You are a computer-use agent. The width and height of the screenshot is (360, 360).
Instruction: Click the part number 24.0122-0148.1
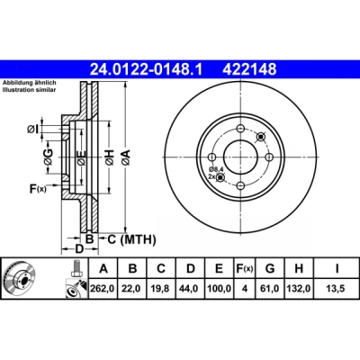tap(147, 70)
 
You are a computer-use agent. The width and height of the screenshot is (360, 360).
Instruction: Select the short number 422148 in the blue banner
tap(249, 70)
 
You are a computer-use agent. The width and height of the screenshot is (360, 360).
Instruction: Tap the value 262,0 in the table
tap(103, 289)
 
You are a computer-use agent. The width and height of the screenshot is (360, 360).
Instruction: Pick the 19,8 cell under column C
tap(161, 289)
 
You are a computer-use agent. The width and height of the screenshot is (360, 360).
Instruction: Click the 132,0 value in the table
tap(299, 289)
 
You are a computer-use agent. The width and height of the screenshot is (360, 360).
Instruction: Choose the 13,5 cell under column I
tap(337, 289)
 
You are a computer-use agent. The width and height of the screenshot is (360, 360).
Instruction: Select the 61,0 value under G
tap(270, 289)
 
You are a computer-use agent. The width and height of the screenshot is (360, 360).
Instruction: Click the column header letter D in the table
tap(191, 268)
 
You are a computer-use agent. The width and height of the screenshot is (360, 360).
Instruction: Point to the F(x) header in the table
tap(245, 268)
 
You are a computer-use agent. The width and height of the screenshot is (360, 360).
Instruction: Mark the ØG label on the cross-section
tap(48, 157)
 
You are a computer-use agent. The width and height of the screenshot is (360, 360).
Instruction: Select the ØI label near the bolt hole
tap(32, 130)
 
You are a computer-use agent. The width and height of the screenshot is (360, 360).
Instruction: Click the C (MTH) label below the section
tap(131, 239)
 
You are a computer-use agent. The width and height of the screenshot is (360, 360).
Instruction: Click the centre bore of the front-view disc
tap(241, 157)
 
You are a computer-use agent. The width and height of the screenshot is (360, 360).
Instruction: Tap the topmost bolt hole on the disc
tap(241, 129)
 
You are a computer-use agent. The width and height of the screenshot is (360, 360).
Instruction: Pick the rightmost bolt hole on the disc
tap(269, 157)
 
